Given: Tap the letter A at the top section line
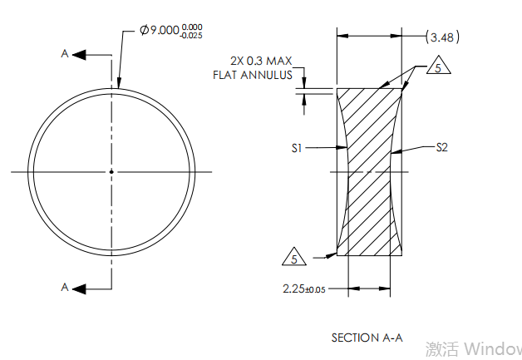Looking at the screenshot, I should [65, 53].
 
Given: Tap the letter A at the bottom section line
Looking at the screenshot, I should [65, 288].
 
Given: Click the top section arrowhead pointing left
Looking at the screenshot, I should [80, 54].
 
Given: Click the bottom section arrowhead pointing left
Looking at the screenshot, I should [80, 288].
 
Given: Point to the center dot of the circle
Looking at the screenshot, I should [111, 172].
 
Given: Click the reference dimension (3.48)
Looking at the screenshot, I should [442, 37].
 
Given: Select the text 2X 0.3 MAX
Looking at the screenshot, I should [262, 61].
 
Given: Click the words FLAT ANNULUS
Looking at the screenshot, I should [254, 75].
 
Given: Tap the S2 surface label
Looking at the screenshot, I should [442, 148].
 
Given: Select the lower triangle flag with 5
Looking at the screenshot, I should [294, 257].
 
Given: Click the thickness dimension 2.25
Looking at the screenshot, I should [293, 288].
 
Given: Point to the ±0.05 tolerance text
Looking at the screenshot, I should [316, 289].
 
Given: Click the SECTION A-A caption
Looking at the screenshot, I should [367, 338].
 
